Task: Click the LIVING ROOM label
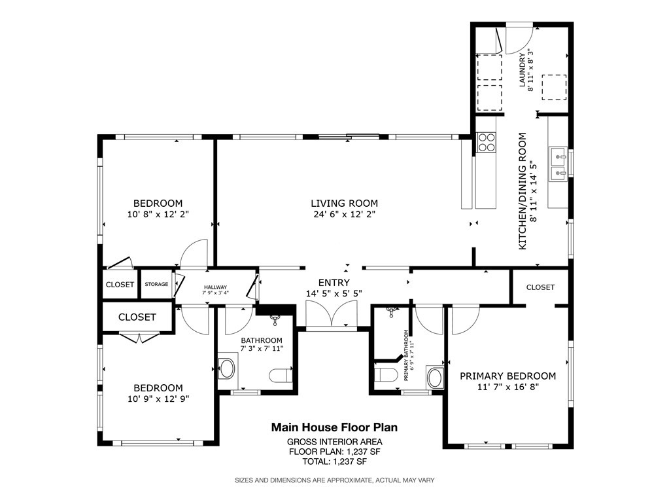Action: (x=344, y=204)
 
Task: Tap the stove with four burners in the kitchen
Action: (x=487, y=142)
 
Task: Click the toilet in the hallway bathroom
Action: (x=280, y=375)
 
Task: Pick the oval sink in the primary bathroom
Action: (x=435, y=377)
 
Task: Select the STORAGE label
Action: (x=156, y=284)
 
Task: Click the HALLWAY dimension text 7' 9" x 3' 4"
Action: (x=215, y=293)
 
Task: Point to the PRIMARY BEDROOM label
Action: (x=507, y=376)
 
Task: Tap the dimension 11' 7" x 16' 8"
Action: (x=507, y=387)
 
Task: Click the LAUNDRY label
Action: (x=523, y=69)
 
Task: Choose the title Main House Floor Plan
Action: (x=335, y=427)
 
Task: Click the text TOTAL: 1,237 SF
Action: (x=335, y=461)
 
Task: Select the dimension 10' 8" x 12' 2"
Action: (x=158, y=214)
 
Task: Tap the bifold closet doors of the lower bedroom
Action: (x=139, y=337)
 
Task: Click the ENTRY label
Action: (x=334, y=283)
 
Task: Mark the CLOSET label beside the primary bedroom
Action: (x=540, y=287)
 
